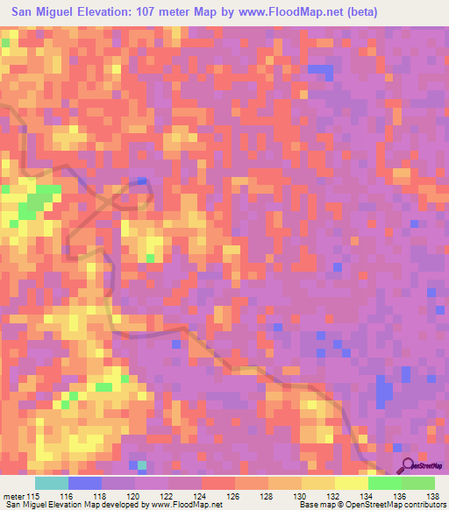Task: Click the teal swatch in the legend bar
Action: pyautogui.click(x=52, y=483)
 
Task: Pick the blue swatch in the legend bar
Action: pyautogui.click(x=85, y=483)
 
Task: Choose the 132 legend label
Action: pyautogui.click(x=335, y=497)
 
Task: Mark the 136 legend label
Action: pyautogui.click(x=402, y=497)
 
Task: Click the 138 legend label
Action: pyautogui.click(x=433, y=497)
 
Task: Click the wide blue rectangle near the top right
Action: pyautogui.click(x=320, y=68)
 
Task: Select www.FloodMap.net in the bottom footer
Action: pyautogui.click(x=185, y=506)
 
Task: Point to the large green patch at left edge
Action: pyautogui.click(x=33, y=203)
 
